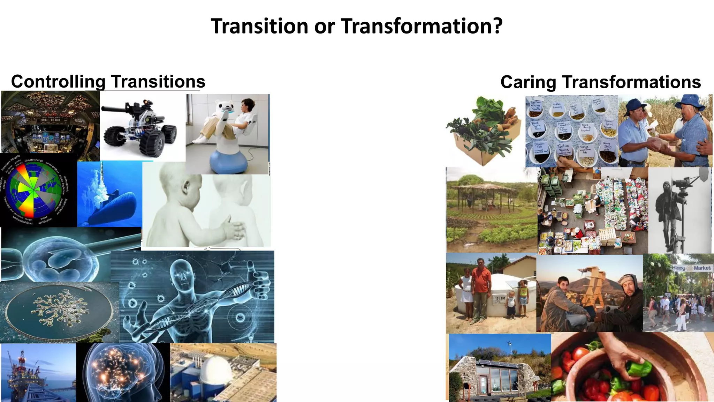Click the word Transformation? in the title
click(x=422, y=27)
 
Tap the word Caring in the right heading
click(x=528, y=82)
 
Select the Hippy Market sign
click(x=692, y=268)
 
